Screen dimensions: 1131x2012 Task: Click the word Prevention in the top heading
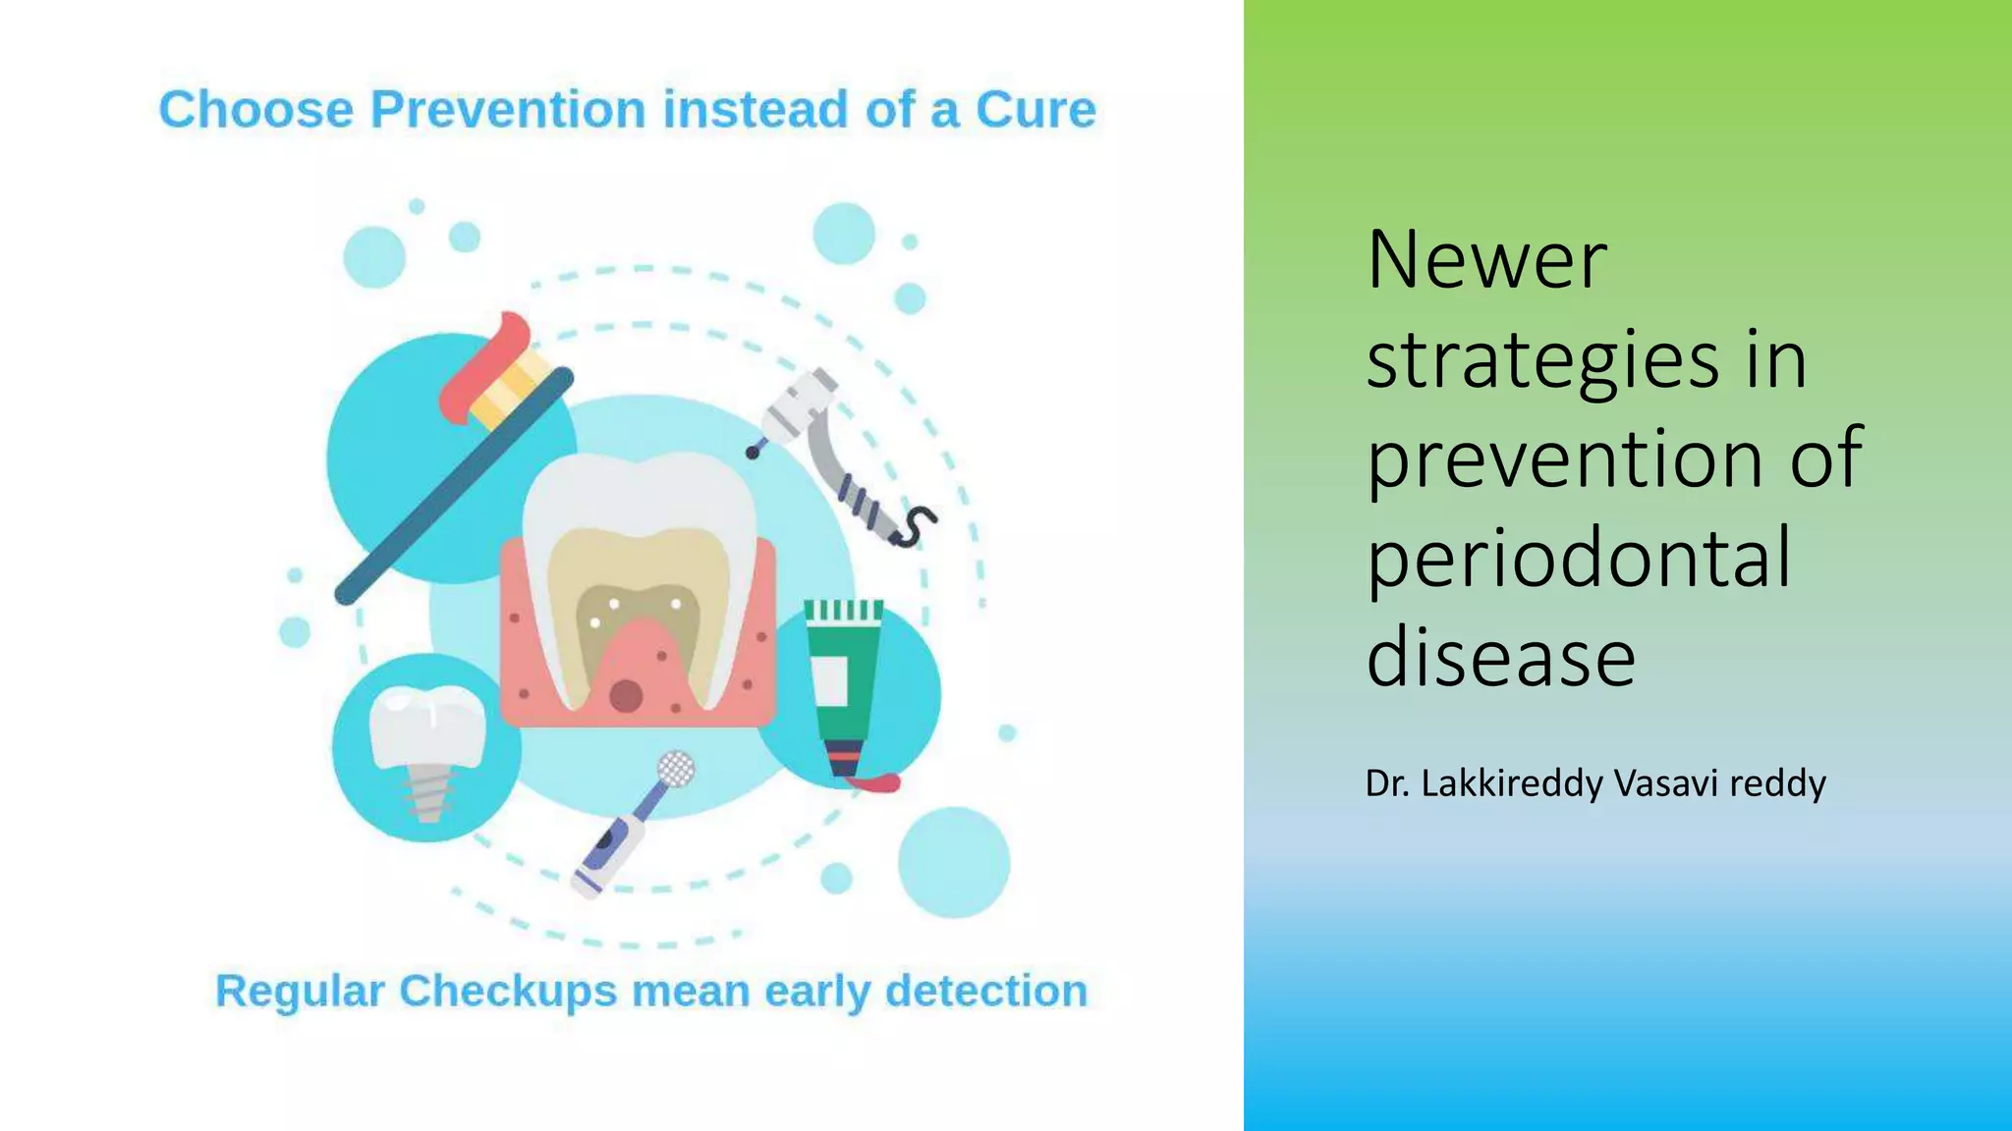click(508, 110)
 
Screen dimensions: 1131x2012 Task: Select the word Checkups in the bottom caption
click(509, 992)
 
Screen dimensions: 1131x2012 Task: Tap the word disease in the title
click(1500, 657)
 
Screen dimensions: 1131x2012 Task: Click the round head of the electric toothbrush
click(676, 769)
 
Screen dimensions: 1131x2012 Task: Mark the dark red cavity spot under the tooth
click(626, 695)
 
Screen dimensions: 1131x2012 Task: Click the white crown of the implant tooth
click(426, 727)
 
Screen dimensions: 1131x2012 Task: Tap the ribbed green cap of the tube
click(843, 611)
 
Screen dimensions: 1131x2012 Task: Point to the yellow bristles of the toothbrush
click(511, 388)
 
